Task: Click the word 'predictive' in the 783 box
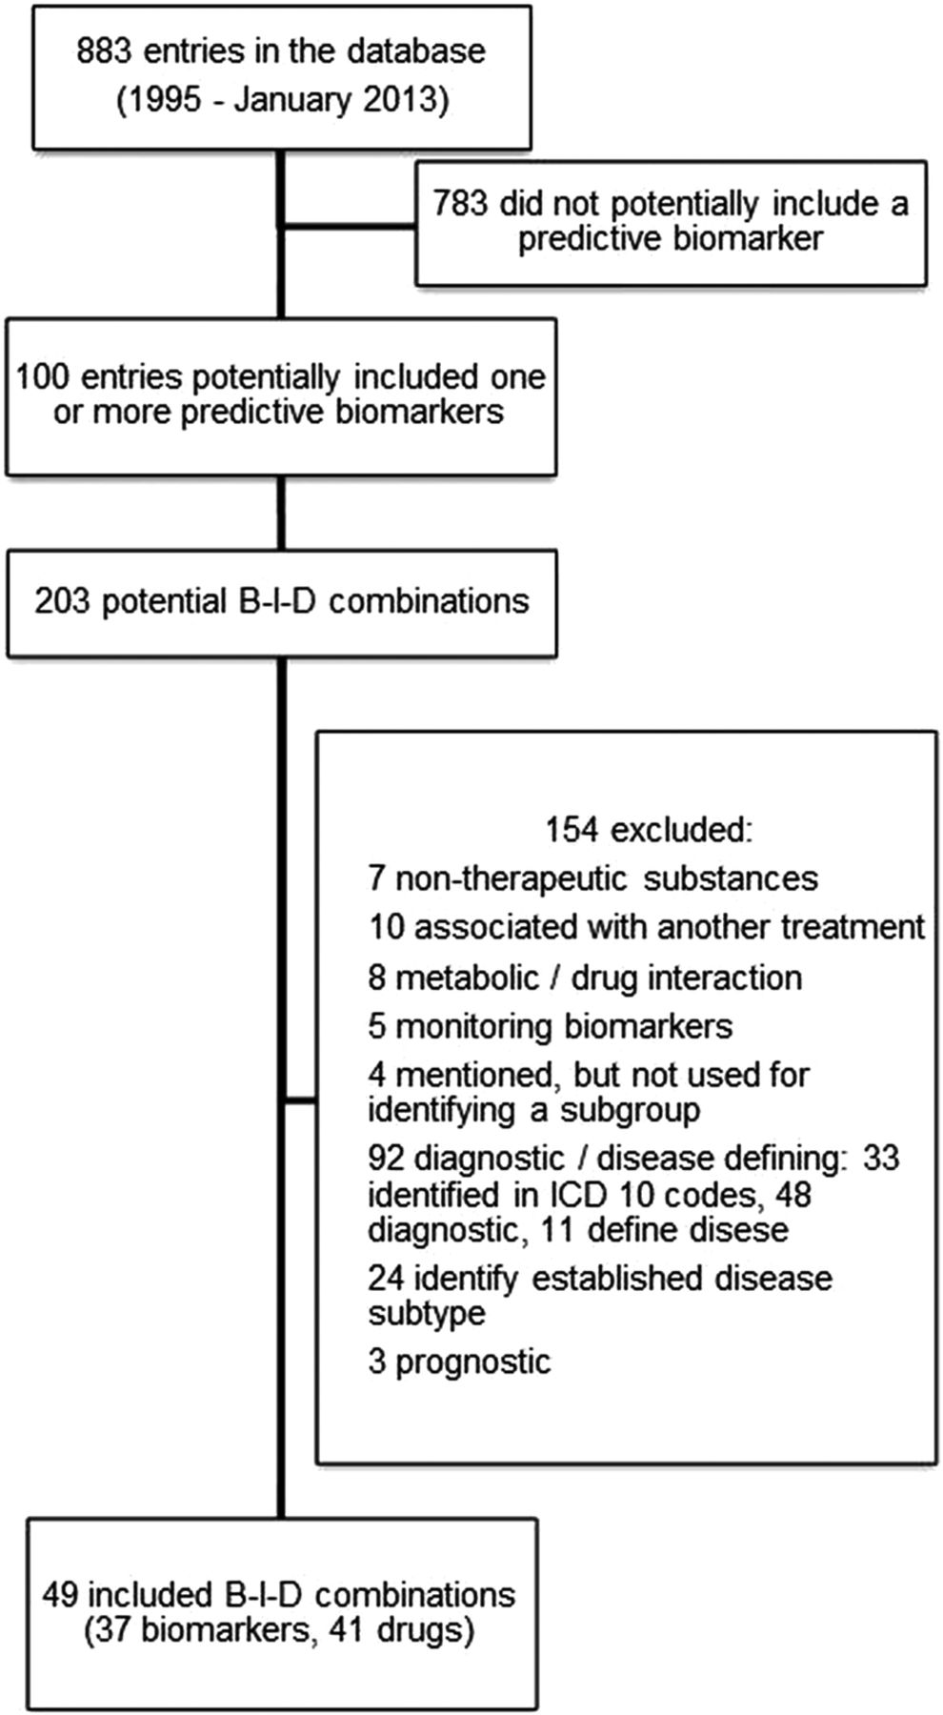tap(580, 238)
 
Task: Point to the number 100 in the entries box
tap(44, 376)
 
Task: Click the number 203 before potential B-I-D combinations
tap(63, 601)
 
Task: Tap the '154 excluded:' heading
tap(649, 830)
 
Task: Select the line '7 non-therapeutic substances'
tap(592, 878)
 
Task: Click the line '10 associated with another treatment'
tap(647, 927)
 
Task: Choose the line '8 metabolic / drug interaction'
tap(585, 978)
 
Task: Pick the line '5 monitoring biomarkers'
tap(551, 1026)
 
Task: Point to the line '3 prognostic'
tap(459, 1362)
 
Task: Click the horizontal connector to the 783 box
tap(349, 227)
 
